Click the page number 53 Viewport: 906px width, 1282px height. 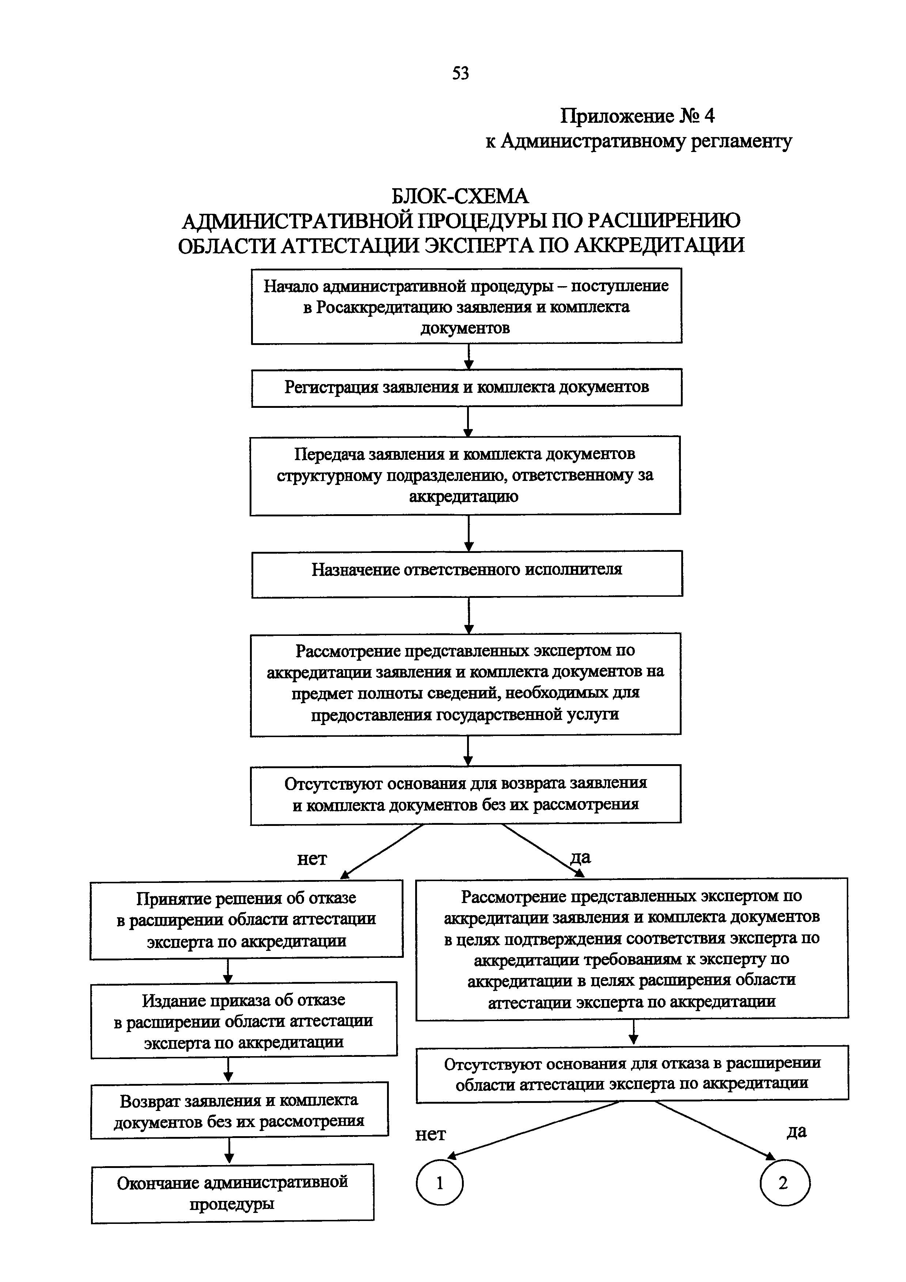pyautogui.click(x=460, y=73)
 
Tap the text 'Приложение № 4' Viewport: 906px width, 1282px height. pyautogui.click(x=637, y=116)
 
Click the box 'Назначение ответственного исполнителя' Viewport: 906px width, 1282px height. pyautogui.click(x=467, y=573)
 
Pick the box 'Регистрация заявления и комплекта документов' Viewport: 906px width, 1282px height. pyautogui.click(x=467, y=387)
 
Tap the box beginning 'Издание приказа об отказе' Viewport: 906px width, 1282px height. pyautogui.click(x=244, y=1021)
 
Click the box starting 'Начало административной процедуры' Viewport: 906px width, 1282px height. pyautogui.click(x=467, y=306)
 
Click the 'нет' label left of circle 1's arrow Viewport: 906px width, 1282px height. pyautogui.click(x=431, y=1135)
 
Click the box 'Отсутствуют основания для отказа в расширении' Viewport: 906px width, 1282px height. pyautogui.click(x=632, y=1073)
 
